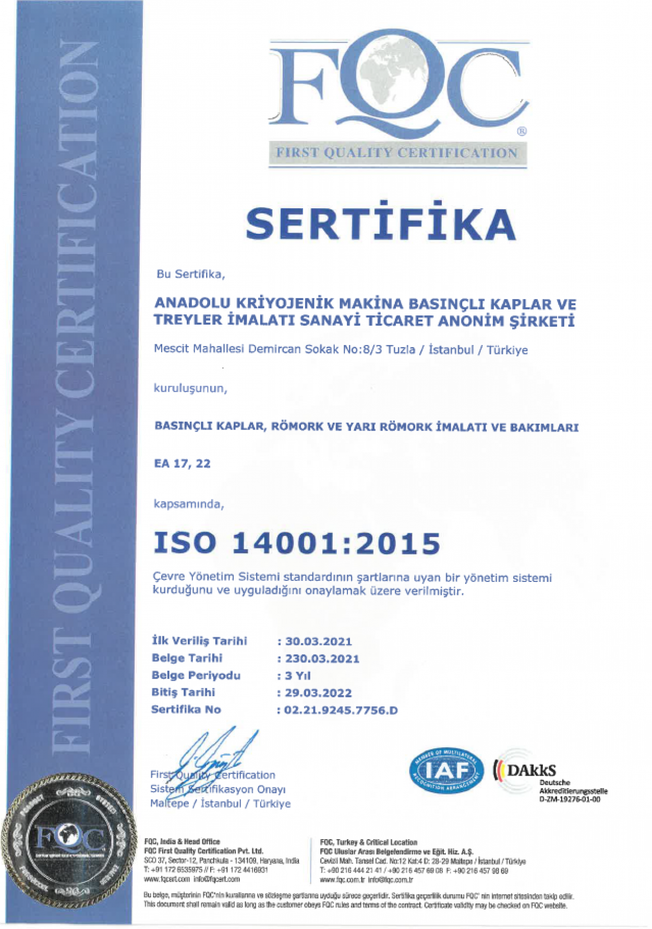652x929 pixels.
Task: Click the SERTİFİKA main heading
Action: pyautogui.click(x=381, y=223)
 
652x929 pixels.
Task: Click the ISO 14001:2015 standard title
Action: pyautogui.click(x=297, y=543)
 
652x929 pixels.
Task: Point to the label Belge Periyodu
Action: pyautogui.click(x=196, y=675)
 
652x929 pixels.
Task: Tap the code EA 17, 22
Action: pyautogui.click(x=182, y=463)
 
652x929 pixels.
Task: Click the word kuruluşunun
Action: pyautogui.click(x=190, y=388)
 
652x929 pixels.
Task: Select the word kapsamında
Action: pyautogui.click(x=188, y=504)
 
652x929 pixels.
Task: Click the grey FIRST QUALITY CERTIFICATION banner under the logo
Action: pyautogui.click(x=397, y=153)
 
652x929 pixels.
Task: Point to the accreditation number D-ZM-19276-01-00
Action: pyautogui.click(x=570, y=799)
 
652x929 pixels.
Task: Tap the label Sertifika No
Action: pyautogui.click(x=186, y=710)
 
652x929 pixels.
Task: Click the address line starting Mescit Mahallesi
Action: pyautogui.click(x=341, y=349)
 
